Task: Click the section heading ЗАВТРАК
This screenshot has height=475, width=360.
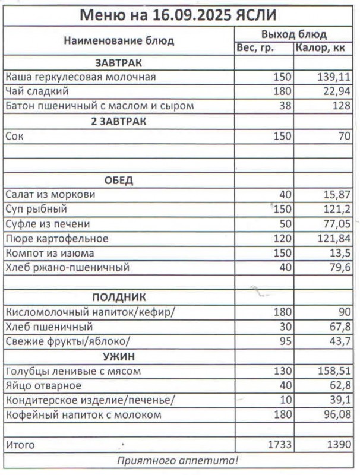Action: pyautogui.click(x=118, y=62)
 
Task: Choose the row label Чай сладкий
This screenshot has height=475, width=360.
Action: pyautogui.click(x=37, y=91)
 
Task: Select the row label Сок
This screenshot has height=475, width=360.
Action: pyautogui.click(x=14, y=136)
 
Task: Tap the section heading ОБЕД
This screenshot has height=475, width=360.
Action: pyautogui.click(x=118, y=180)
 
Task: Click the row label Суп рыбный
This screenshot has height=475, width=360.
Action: pyautogui.click(x=36, y=209)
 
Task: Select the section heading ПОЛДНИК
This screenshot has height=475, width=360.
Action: pyautogui.click(x=118, y=297)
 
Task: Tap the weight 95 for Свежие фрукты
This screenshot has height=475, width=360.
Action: pyautogui.click(x=285, y=341)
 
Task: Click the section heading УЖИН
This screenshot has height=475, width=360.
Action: pyautogui.click(x=118, y=356)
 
